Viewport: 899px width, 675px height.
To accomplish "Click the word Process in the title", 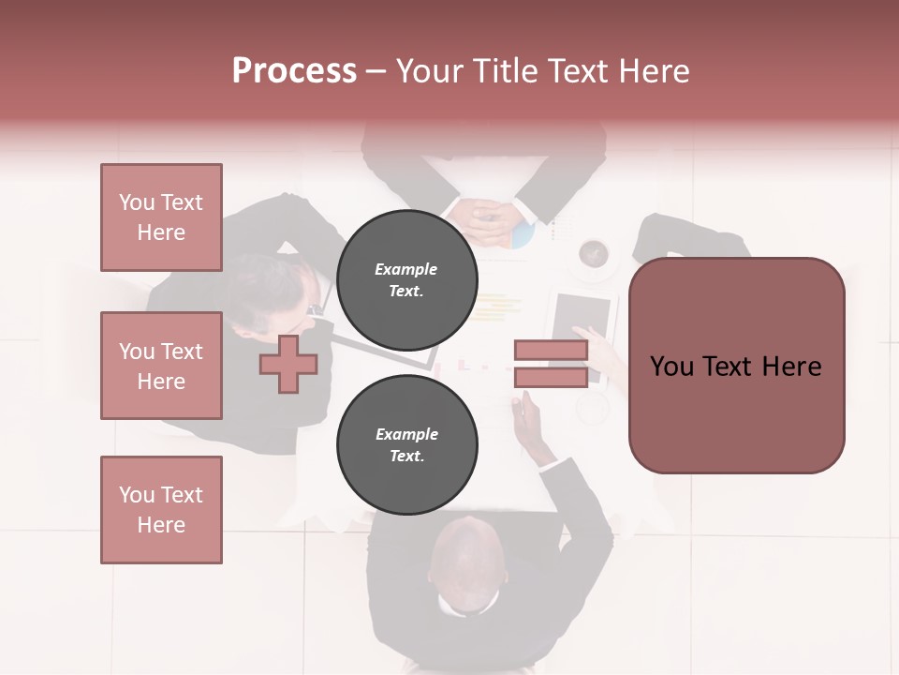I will (294, 71).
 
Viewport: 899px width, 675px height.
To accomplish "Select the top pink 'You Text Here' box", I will (161, 217).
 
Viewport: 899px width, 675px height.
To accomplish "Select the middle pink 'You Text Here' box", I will (161, 366).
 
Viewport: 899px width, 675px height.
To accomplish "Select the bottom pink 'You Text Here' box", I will (161, 510).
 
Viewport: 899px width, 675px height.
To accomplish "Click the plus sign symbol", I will (287, 365).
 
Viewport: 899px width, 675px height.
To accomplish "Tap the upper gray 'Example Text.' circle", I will (406, 279).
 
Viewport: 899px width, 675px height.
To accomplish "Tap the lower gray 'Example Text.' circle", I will (406, 445).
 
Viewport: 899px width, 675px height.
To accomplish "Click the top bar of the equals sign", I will (551, 351).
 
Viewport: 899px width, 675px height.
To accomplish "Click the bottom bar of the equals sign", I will (551, 378).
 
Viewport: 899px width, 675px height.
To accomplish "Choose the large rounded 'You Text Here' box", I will (736, 366).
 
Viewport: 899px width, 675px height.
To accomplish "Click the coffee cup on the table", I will (594, 254).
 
